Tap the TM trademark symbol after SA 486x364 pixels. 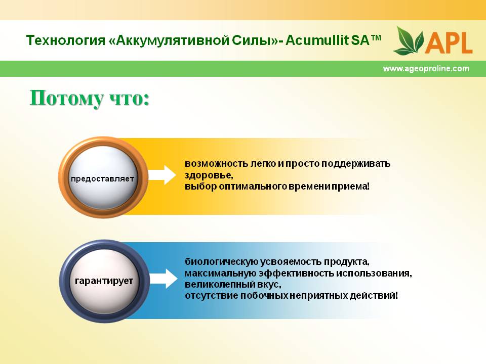click(376, 38)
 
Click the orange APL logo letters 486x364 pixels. click(449, 42)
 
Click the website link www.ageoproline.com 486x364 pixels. click(426, 68)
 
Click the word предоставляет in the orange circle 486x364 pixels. click(102, 178)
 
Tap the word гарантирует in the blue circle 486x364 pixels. click(104, 281)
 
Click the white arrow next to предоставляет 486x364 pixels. click(162, 175)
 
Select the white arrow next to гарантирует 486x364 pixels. click(164, 279)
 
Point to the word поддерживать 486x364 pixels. click(355, 163)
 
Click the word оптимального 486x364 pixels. click(253, 187)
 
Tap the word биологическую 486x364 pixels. click(221, 261)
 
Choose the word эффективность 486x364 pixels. click(297, 274)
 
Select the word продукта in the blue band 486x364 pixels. click(346, 262)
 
